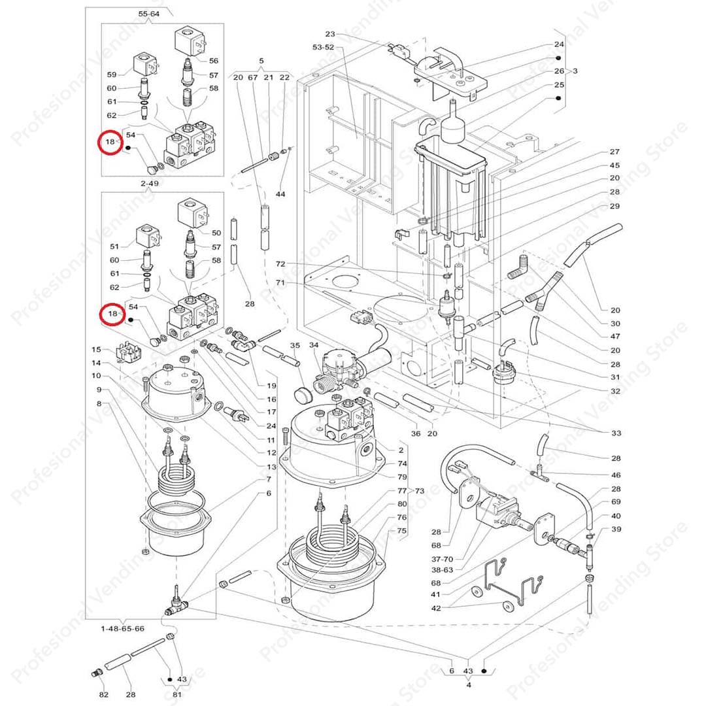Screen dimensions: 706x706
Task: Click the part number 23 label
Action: tap(329, 34)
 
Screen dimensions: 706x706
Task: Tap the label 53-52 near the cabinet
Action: tap(324, 47)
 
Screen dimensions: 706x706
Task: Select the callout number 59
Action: tap(112, 75)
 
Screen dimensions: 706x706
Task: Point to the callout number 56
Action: tap(214, 60)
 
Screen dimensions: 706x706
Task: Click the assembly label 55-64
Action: tap(148, 13)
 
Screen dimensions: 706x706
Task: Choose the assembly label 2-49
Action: tap(150, 184)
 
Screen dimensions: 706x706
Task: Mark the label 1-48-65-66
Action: tap(122, 628)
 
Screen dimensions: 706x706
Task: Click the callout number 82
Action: tap(104, 694)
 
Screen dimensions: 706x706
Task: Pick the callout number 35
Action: tap(295, 345)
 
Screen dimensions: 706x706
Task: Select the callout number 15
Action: tap(96, 350)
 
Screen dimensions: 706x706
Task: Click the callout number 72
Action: tap(281, 264)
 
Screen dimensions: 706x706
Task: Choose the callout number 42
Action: tap(436, 608)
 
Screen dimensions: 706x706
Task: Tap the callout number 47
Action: tap(615, 336)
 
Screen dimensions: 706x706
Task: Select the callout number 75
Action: tap(401, 531)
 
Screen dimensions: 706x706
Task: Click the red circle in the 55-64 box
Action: tap(110, 142)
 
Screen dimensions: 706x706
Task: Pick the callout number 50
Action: tap(216, 233)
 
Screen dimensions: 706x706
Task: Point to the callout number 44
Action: tap(280, 195)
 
